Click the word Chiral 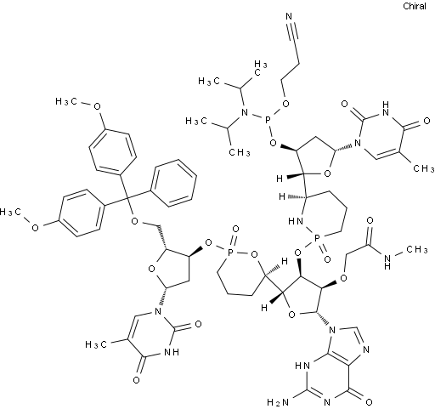[x=415, y=6]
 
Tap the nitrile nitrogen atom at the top [x=289, y=16]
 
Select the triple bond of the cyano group [x=293, y=30]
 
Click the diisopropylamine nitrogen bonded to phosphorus [x=246, y=113]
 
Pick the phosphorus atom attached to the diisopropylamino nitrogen [x=268, y=122]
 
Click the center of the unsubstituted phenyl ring [x=173, y=183]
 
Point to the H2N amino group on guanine [x=278, y=402]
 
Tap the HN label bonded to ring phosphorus [x=296, y=221]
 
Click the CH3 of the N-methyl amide [x=417, y=249]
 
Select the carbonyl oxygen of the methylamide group [x=370, y=220]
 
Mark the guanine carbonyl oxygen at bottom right [x=369, y=402]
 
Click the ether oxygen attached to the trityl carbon [x=135, y=221]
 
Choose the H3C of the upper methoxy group [x=66, y=101]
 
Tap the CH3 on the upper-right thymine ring [x=424, y=168]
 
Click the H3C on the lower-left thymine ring [x=96, y=344]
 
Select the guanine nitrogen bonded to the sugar [x=332, y=330]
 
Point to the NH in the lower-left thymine [x=172, y=352]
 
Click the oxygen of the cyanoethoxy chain [x=285, y=104]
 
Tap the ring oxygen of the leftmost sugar [x=151, y=269]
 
